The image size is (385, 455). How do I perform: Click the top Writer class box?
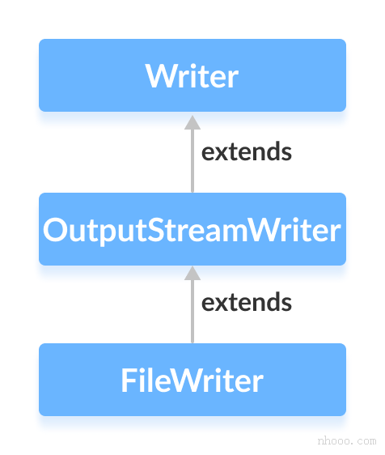point(192,75)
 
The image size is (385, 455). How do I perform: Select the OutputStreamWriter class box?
point(192,229)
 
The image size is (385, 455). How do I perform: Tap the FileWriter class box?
point(192,380)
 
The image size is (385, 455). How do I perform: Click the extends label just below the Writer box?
point(247,151)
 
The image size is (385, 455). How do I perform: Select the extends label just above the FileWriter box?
point(247,303)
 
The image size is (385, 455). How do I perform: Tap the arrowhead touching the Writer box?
point(192,121)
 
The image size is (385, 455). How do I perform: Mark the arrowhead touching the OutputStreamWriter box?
point(192,272)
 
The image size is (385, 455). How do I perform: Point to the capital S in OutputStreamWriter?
point(157,230)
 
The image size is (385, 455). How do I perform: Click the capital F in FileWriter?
point(128,381)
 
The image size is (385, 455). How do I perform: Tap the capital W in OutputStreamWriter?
point(262,230)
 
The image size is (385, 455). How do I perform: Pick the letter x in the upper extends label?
point(221,152)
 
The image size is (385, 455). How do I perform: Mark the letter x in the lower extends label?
point(221,304)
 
